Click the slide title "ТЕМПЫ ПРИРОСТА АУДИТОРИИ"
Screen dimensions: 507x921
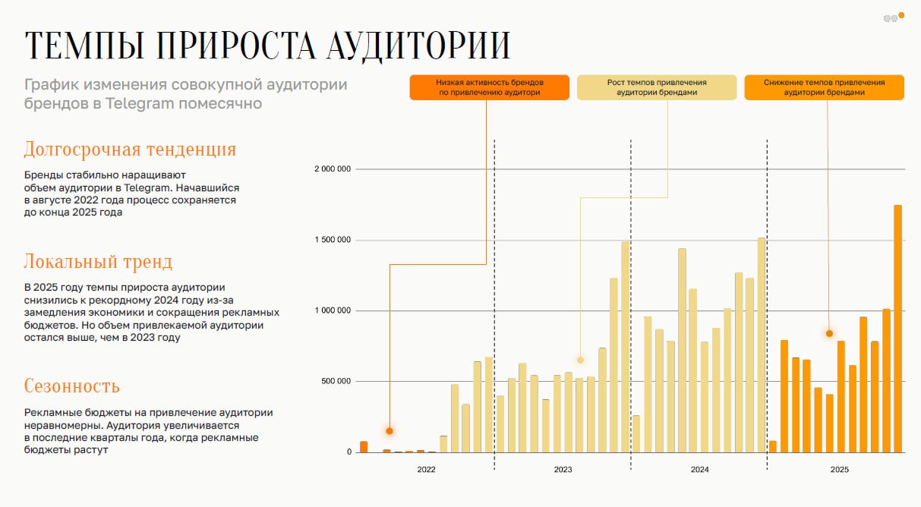click(x=267, y=46)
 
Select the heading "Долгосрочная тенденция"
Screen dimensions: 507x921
click(x=130, y=149)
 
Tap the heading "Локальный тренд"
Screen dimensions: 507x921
click(x=98, y=263)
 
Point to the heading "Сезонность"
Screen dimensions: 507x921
click(x=71, y=386)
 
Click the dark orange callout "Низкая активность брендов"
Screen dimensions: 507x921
click(x=489, y=87)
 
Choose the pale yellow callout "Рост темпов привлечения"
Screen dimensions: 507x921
click(x=657, y=87)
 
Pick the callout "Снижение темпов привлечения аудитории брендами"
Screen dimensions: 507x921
click(x=824, y=87)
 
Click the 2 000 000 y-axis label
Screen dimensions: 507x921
click(x=333, y=169)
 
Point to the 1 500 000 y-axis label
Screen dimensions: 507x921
click(x=333, y=241)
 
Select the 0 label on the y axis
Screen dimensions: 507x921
click(x=349, y=452)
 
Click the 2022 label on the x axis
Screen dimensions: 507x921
click(x=427, y=471)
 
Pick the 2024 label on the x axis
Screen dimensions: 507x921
click(x=699, y=471)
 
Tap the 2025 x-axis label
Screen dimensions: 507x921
click(x=839, y=471)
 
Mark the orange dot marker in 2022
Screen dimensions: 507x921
click(x=390, y=431)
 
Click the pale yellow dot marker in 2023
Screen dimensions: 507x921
click(x=580, y=360)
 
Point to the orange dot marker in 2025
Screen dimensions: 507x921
click(x=829, y=333)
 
